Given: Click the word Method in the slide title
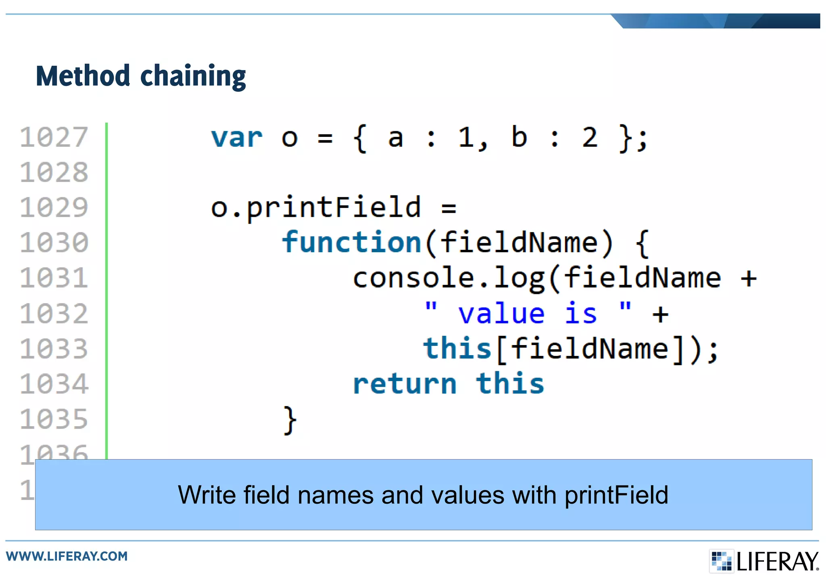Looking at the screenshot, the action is point(83,76).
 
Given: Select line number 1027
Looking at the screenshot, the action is point(54,137).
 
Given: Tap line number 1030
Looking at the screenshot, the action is point(54,243).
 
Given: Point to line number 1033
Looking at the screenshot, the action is point(54,349).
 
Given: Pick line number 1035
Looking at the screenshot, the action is point(54,419).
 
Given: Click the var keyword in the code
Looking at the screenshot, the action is point(237,138).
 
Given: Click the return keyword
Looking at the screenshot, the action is point(405,384).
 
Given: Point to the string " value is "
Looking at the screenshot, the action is point(528,314).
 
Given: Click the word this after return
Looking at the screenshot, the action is point(510,384).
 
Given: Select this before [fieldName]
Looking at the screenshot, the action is point(457,349).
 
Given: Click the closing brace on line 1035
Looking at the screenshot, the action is point(290,420).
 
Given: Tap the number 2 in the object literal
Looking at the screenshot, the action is point(590,138).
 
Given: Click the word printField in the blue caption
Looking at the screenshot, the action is point(616,495).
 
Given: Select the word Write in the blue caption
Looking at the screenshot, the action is point(206,495).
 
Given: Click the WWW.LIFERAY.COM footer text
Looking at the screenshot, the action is point(67,556).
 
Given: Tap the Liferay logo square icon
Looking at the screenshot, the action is point(721,561).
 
